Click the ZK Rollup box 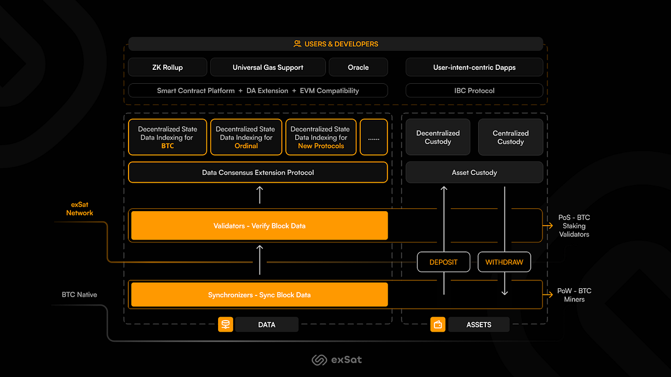click(167, 68)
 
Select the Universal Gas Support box click(268, 68)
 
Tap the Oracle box click(358, 68)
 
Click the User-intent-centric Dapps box click(474, 68)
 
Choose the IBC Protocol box click(474, 90)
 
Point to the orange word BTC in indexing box click(167, 146)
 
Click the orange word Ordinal click(246, 146)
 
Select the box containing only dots click(374, 137)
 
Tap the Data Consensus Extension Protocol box click(258, 173)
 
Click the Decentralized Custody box click(438, 137)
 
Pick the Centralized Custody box click(511, 137)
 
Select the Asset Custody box click(474, 173)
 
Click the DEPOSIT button click(443, 262)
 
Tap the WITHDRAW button click(504, 262)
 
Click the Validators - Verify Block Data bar click(259, 226)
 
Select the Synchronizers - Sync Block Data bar click(259, 295)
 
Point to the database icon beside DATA click(225, 324)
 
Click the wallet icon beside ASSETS click(438, 324)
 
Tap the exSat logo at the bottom click(336, 360)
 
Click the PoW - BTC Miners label click(574, 295)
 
